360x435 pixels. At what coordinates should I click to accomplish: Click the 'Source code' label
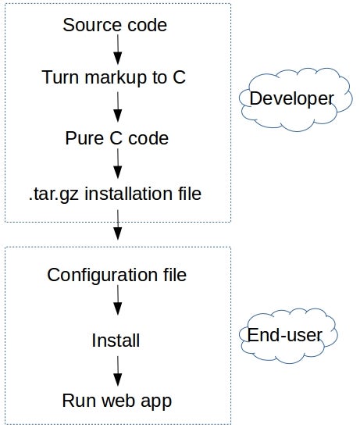pos(115,25)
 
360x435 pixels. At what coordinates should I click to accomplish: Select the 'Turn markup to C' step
pos(114,77)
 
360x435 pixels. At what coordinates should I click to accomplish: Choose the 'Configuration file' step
pos(117,275)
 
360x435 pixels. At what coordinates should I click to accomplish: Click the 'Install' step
pos(116,341)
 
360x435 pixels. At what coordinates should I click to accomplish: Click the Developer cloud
pos(290,99)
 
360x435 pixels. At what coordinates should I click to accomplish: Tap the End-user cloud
pos(290,335)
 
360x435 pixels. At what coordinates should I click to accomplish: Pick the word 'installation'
pos(131,192)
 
